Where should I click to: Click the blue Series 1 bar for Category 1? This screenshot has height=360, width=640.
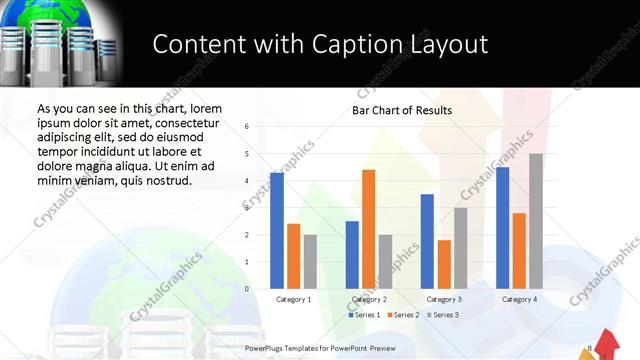coord(277,231)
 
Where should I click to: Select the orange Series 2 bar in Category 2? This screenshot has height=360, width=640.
coord(369,229)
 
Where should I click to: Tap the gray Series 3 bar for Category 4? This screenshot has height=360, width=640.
coord(536,221)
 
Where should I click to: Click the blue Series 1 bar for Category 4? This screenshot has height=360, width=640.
coord(503,228)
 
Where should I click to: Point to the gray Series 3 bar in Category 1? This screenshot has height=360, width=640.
coord(310,262)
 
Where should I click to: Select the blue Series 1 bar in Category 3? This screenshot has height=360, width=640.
coord(427,241)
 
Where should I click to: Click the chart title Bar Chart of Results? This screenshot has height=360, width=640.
coord(402,110)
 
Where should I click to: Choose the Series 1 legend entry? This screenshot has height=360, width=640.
coord(363,315)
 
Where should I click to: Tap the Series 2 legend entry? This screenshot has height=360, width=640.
coord(403,315)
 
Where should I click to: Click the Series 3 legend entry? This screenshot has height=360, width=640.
coord(443,315)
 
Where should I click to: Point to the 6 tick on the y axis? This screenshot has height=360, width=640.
coord(247,127)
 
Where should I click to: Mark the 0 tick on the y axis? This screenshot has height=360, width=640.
coord(247,289)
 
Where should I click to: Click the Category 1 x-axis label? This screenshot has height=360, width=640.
coord(294,299)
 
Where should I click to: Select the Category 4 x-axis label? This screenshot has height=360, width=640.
coord(519,299)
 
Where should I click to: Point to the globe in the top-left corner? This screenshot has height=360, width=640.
coord(60,12)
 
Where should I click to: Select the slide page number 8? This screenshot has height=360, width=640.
coord(590,348)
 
